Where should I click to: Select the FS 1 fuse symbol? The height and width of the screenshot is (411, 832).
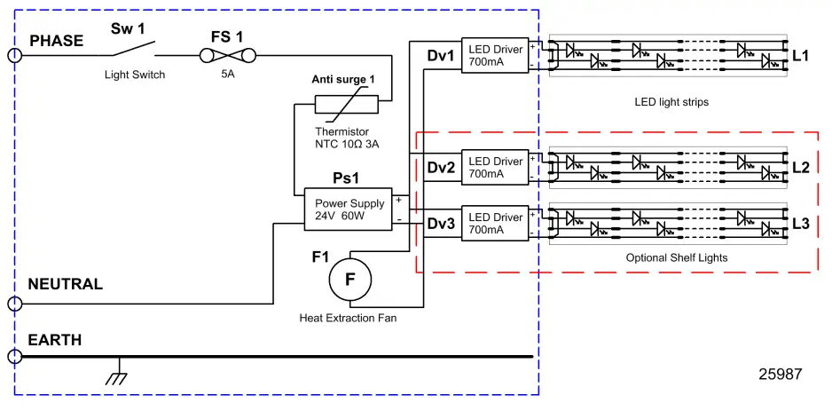click(x=227, y=56)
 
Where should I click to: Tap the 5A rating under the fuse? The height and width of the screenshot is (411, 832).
click(x=227, y=75)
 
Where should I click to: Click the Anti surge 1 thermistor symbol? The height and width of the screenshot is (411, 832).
click(x=347, y=105)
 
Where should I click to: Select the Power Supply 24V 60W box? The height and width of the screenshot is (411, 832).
click(x=349, y=209)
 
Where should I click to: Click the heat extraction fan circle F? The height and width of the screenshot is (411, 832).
click(x=349, y=279)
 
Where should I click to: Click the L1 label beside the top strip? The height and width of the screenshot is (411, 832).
click(x=800, y=56)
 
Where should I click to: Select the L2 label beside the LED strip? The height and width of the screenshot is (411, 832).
click(x=800, y=167)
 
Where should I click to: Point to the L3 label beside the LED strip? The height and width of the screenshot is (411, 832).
click(x=800, y=223)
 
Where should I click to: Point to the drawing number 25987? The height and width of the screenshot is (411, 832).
click(x=781, y=374)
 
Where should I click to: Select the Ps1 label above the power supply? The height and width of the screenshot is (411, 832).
click(x=345, y=178)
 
